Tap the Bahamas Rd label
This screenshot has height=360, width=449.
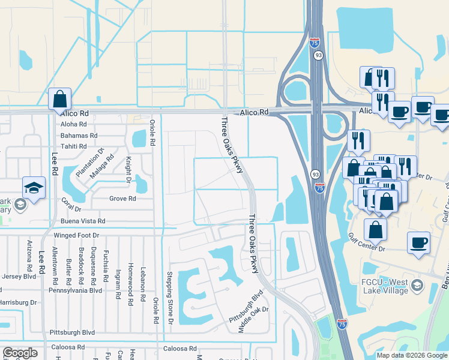point(79,136)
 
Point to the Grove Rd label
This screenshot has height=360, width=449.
point(122,199)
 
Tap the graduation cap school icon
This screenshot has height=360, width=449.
point(34,187)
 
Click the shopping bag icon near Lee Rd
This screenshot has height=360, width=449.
point(59,99)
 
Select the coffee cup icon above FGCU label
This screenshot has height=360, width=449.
point(418,244)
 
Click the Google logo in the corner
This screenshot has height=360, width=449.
point(20,353)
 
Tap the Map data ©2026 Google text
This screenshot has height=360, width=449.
point(412,355)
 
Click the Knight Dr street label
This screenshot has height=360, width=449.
point(128,169)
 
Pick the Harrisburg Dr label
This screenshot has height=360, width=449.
point(18,302)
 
